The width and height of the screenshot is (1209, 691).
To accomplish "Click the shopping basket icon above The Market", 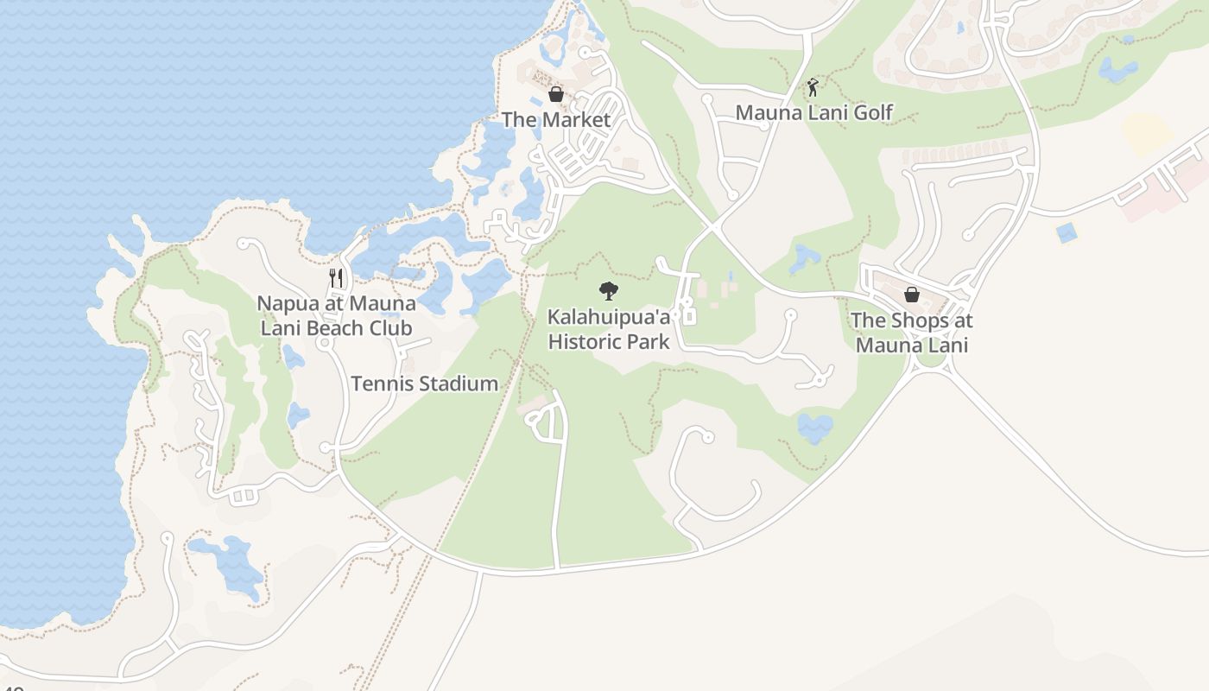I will click(556, 93).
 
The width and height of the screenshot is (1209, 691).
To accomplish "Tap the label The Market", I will click(556, 120).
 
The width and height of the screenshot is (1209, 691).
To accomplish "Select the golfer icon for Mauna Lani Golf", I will click(812, 86).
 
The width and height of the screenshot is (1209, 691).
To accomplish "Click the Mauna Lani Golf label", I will click(813, 112).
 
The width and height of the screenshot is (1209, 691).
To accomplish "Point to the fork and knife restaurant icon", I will click(337, 277).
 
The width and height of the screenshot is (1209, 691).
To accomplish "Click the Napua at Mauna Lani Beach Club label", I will click(336, 315).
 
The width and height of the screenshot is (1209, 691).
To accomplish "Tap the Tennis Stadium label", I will click(424, 384).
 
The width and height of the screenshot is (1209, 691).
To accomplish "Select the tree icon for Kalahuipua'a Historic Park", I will click(609, 290).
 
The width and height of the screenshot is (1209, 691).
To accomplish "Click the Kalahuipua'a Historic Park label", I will click(609, 329).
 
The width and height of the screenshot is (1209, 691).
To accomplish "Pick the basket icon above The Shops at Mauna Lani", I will click(911, 294).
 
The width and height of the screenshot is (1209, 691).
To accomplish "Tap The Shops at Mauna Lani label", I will click(911, 333).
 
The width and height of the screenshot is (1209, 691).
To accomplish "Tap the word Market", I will click(573, 120).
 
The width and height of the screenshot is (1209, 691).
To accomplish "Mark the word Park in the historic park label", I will click(647, 342).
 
